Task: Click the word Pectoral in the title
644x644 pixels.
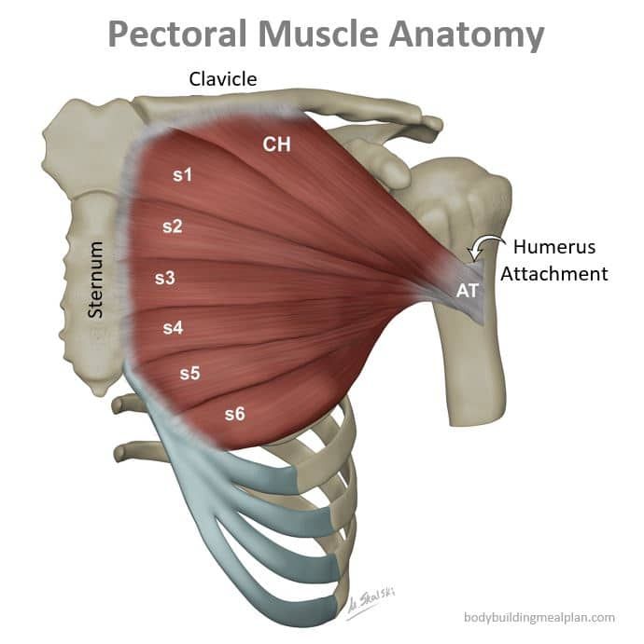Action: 177,34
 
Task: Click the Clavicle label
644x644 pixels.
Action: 222,79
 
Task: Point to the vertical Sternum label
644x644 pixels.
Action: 96,281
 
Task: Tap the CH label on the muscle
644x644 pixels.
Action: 276,144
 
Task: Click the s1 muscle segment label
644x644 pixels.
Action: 184,173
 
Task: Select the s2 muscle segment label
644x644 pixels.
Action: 172,226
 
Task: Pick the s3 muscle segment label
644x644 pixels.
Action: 164,277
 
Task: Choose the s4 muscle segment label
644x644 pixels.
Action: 173,327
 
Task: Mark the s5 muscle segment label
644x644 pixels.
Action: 189,373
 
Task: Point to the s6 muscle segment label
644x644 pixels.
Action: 234,414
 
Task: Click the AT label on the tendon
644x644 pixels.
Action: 468,290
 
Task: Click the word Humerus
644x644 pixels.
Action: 553,248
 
